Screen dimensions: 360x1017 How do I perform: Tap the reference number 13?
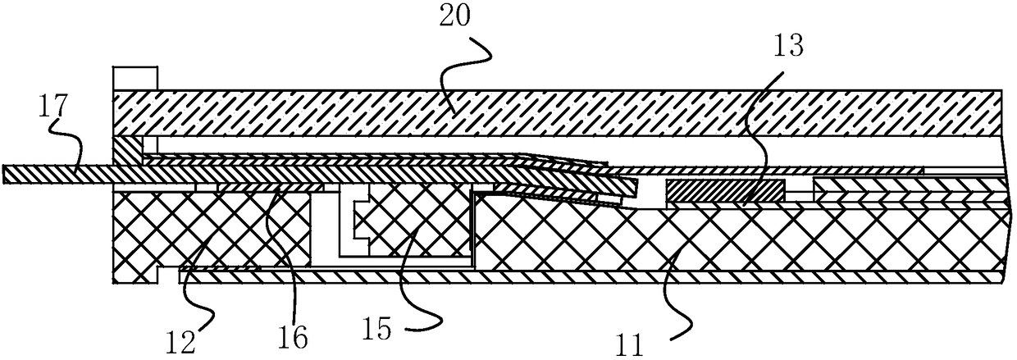click(x=787, y=47)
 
